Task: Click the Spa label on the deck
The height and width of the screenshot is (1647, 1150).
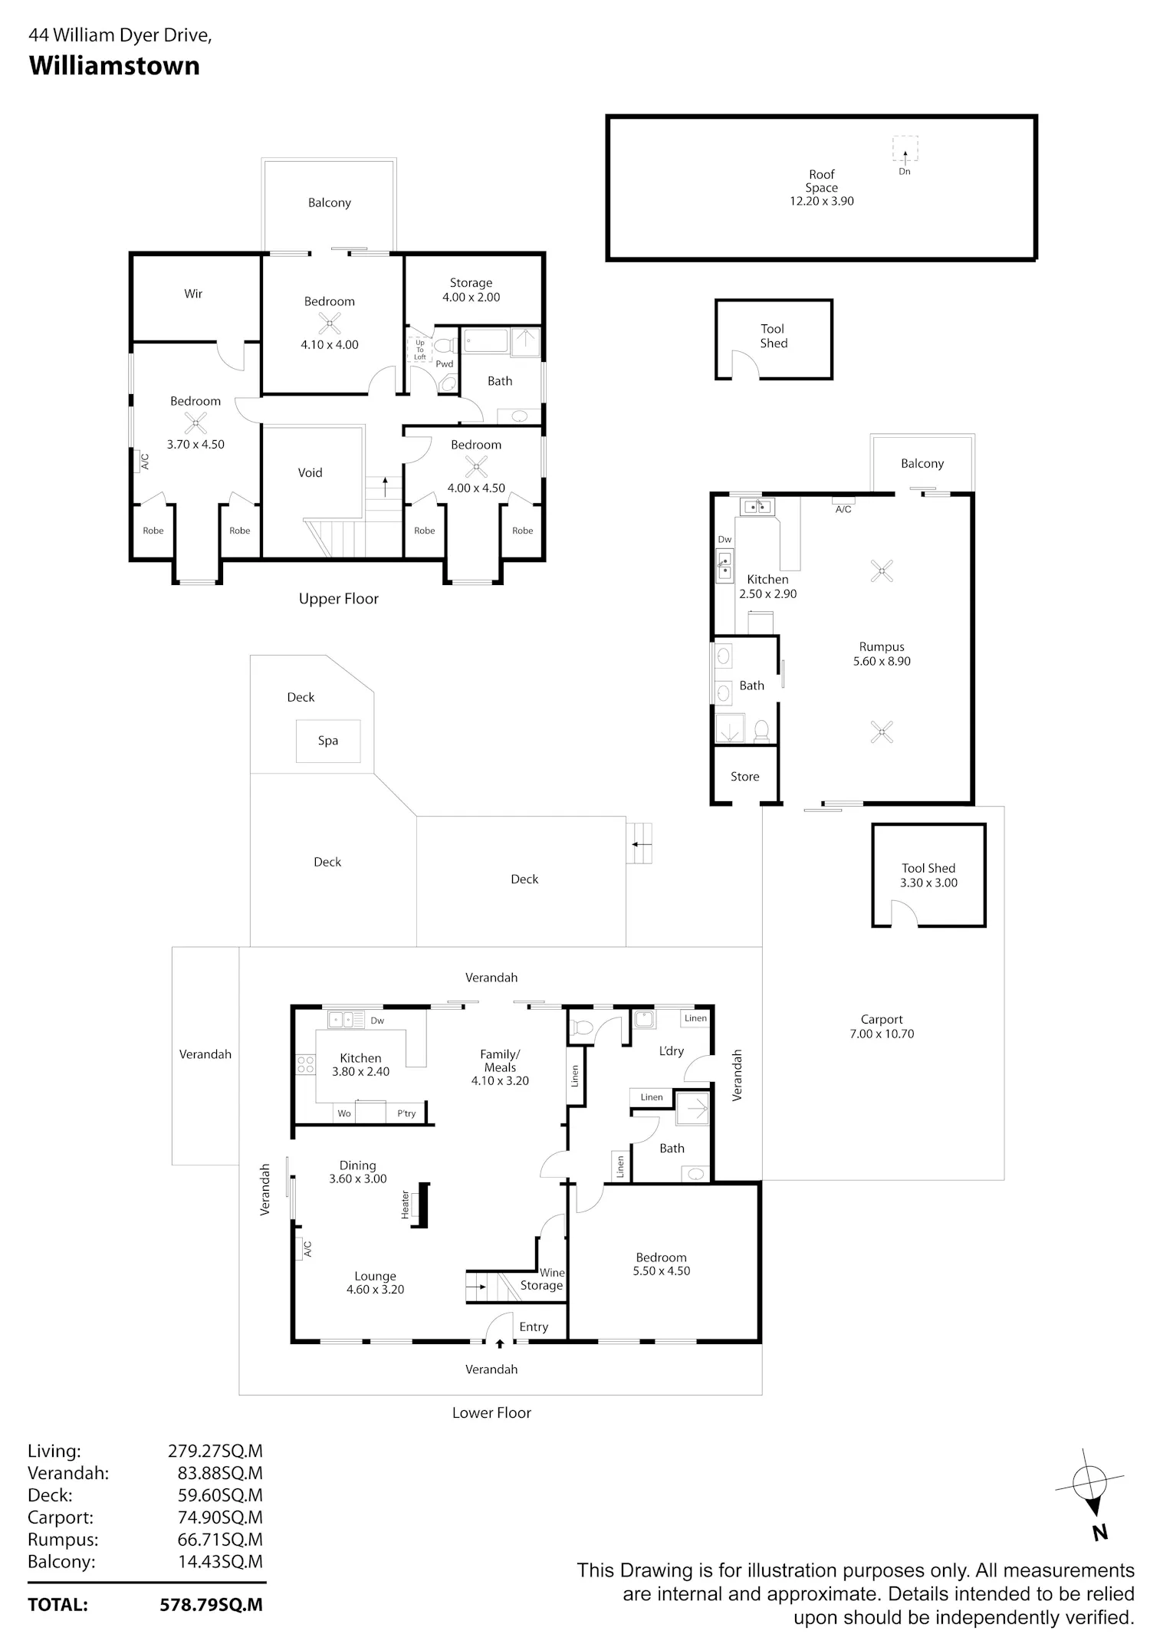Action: tap(328, 741)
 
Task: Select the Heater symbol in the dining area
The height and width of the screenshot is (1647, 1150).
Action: tap(419, 1206)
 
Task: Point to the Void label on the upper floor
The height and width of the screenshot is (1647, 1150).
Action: tap(310, 472)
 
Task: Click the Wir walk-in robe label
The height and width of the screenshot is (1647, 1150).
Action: tap(193, 293)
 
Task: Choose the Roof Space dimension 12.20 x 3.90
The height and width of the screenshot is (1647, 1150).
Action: tap(822, 201)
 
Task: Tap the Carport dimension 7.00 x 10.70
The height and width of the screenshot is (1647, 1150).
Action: tap(882, 1034)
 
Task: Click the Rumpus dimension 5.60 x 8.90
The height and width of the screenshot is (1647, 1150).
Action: tap(882, 661)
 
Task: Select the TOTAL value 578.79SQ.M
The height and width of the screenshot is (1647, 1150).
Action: tap(212, 1604)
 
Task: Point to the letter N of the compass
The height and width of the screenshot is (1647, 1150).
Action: tap(1100, 1532)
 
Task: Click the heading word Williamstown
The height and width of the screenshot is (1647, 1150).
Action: tap(114, 66)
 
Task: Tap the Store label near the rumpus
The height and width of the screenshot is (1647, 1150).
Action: tap(744, 777)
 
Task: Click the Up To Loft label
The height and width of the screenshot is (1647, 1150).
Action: tap(420, 350)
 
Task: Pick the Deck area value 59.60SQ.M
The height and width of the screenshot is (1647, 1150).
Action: tap(220, 1494)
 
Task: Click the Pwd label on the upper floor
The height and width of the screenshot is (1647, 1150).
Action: tap(445, 364)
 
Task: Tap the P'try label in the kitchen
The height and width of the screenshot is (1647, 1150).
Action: tap(406, 1113)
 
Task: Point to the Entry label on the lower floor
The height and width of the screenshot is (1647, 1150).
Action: tap(534, 1326)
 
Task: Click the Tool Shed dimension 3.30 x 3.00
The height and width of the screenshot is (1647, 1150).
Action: tap(928, 883)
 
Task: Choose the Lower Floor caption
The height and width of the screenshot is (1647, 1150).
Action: tap(491, 1412)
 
